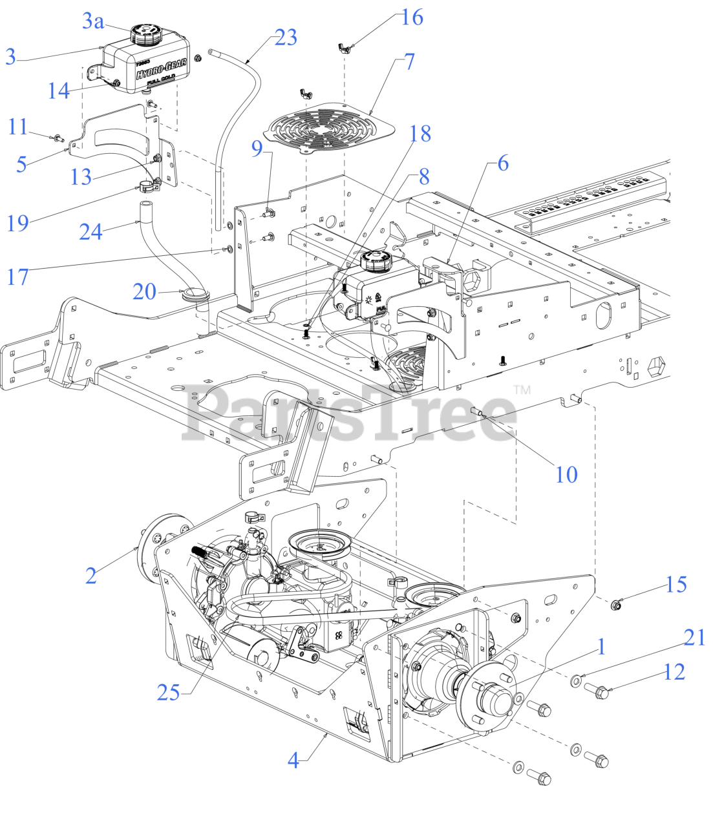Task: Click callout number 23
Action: [x=286, y=37]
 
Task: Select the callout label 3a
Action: [x=93, y=21]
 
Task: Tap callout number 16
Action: [x=412, y=17]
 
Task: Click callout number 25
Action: [x=168, y=692]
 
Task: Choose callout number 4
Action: [x=293, y=760]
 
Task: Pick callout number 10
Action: [x=566, y=474]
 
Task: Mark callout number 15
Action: [x=676, y=585]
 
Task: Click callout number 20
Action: [x=145, y=292]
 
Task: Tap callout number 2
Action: [x=91, y=575]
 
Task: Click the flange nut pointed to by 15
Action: [x=617, y=605]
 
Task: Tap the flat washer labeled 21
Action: [x=575, y=680]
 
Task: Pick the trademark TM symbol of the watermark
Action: [x=522, y=390]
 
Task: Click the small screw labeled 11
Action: [x=58, y=137]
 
